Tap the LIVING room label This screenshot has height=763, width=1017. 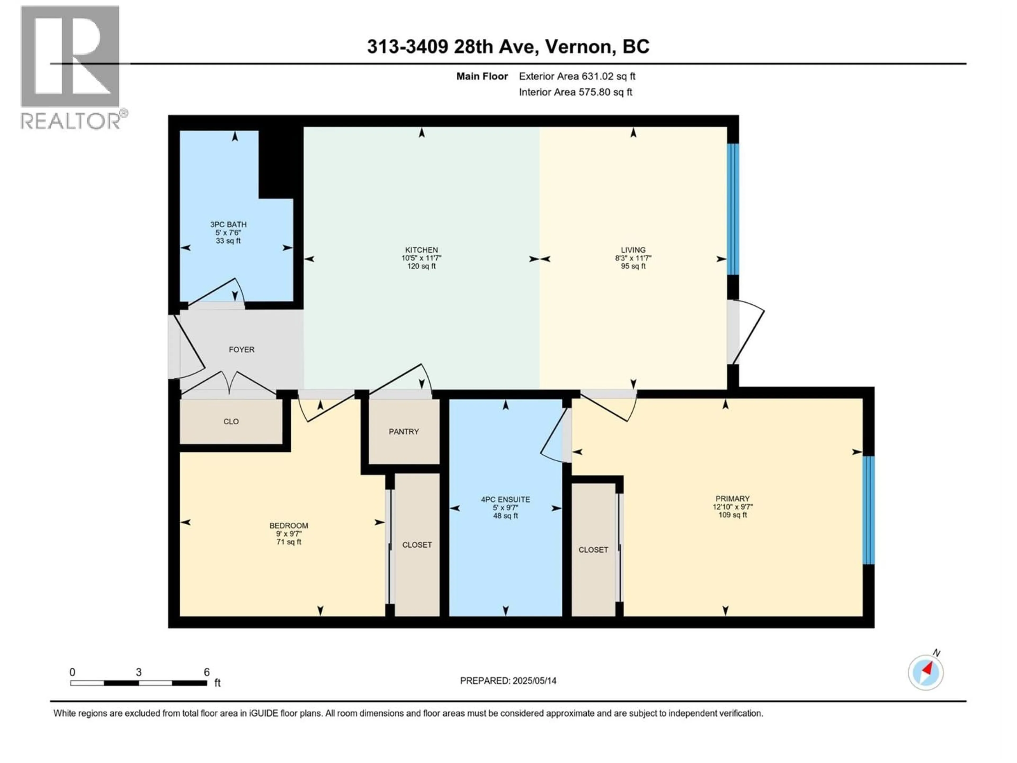tap(633, 250)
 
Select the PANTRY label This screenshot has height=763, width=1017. tap(404, 431)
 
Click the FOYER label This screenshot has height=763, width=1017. tap(241, 349)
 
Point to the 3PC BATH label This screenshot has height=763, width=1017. tap(229, 224)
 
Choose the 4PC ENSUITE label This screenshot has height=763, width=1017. tap(505, 499)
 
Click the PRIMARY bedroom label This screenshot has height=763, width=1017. tap(732, 499)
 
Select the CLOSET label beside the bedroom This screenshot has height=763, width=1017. tap(417, 544)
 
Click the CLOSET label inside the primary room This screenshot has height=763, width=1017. tap(593, 550)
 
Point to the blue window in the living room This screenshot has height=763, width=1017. tap(733, 209)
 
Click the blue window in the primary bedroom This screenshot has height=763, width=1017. tap(868, 510)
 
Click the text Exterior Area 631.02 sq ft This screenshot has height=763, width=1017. tap(577, 76)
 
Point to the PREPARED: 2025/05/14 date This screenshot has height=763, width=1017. tap(508, 681)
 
